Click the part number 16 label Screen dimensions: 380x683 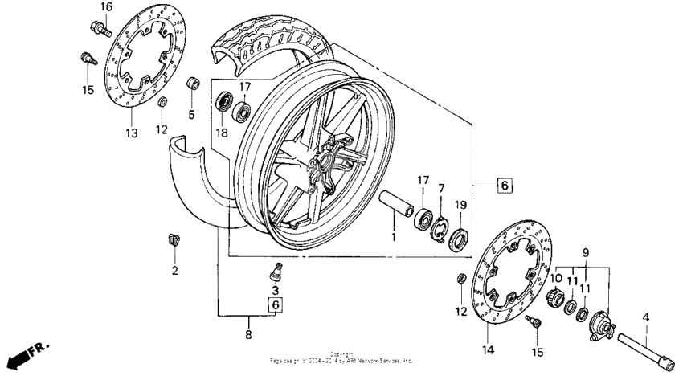click(106, 7)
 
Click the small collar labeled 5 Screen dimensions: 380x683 click(192, 84)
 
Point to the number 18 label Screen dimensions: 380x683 click(222, 131)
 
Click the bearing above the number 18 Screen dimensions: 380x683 click(223, 103)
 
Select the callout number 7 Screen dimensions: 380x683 click(440, 189)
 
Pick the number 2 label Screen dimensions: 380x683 click(174, 271)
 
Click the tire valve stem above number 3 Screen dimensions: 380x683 click(275, 268)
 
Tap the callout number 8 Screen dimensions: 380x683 click(248, 334)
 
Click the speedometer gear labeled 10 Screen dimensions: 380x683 click(554, 299)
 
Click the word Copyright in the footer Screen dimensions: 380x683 click(341, 354)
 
